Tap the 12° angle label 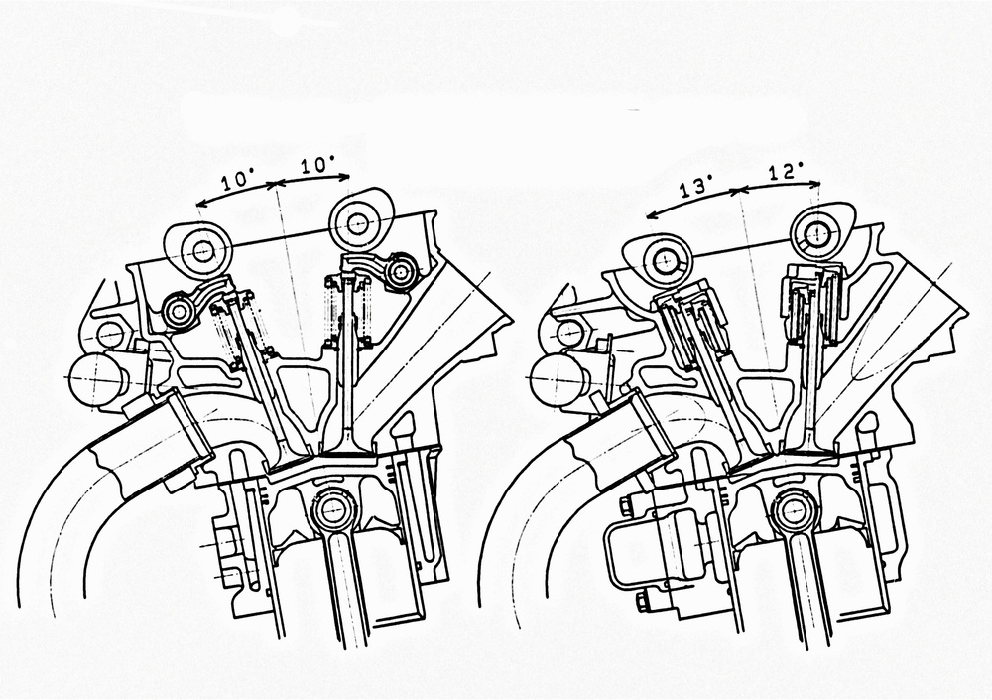point(787,171)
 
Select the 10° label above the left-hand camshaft point(237,181)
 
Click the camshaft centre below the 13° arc point(665,259)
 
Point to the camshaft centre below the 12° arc point(815,232)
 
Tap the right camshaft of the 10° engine point(356,222)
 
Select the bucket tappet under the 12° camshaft point(812,301)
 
